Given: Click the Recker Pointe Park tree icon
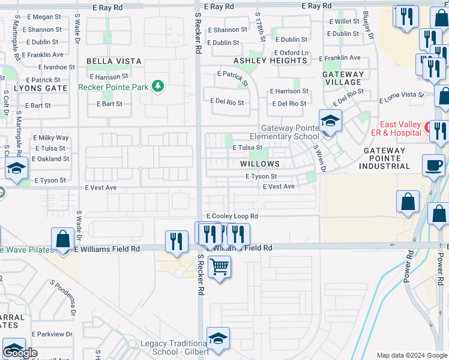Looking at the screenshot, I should click(x=158, y=86).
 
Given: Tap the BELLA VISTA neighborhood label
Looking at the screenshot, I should click(x=114, y=61).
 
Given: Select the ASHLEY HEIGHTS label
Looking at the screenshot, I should click(x=270, y=61).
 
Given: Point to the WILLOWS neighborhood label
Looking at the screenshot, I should click(x=260, y=164).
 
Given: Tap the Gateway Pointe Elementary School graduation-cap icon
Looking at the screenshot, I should click(x=330, y=122).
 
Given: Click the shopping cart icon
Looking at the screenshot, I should click(x=220, y=266).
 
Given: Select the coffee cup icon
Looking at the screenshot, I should click(x=434, y=165).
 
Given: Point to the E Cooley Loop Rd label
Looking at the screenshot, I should click(x=232, y=216).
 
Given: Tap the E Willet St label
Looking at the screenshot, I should click(x=344, y=22).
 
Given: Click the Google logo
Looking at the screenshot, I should click(x=20, y=353).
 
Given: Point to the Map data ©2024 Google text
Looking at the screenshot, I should click(x=411, y=355).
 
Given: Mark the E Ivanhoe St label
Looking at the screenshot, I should click(x=51, y=67).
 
